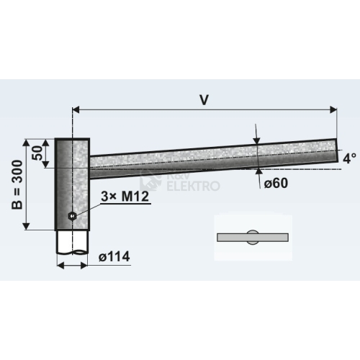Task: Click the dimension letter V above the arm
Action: (204, 100)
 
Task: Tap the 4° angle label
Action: (349, 158)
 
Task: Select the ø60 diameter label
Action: (276, 184)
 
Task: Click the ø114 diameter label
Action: (114, 256)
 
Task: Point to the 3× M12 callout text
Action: (125, 197)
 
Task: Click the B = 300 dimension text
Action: (17, 184)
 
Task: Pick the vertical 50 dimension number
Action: (37, 153)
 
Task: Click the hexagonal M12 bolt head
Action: (72, 216)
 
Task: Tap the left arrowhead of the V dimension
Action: (76, 109)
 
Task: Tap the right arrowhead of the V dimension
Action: (333, 109)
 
